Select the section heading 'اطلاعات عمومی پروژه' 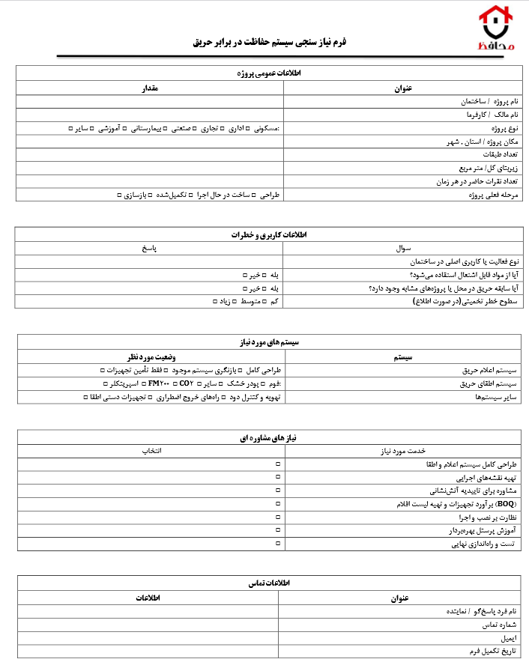click(x=272, y=73)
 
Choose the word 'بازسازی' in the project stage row click(x=135, y=195)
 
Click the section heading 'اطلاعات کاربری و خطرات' click(x=272, y=235)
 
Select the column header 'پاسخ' click(x=149, y=248)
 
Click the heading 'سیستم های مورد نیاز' click(x=272, y=342)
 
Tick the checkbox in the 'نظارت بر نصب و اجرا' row click(x=278, y=518)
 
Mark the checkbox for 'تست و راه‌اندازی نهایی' click(x=278, y=544)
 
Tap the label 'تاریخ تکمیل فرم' click(x=495, y=652)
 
